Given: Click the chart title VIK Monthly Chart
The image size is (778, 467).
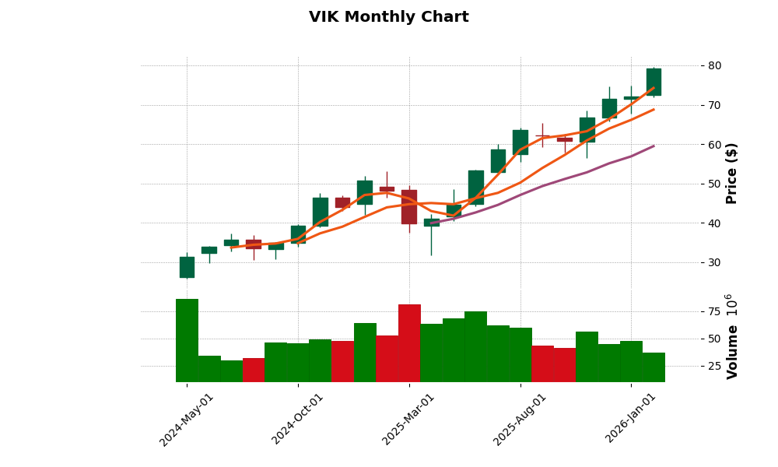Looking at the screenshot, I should tap(388, 17).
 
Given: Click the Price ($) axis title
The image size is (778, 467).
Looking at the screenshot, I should tap(731, 173).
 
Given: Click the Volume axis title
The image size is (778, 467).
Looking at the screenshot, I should tap(731, 336).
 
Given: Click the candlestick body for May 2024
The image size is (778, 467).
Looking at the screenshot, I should tap(187, 267).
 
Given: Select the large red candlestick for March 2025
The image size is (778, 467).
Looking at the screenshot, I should tap(409, 206).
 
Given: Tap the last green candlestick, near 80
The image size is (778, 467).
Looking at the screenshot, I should tap(654, 82).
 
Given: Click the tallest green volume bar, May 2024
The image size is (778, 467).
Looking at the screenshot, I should tap(187, 340).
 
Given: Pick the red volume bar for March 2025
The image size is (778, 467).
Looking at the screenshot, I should tap(409, 342).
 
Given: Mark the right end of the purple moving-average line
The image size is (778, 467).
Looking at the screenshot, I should tap(654, 146).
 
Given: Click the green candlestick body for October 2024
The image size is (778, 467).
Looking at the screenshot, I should tap(298, 234).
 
